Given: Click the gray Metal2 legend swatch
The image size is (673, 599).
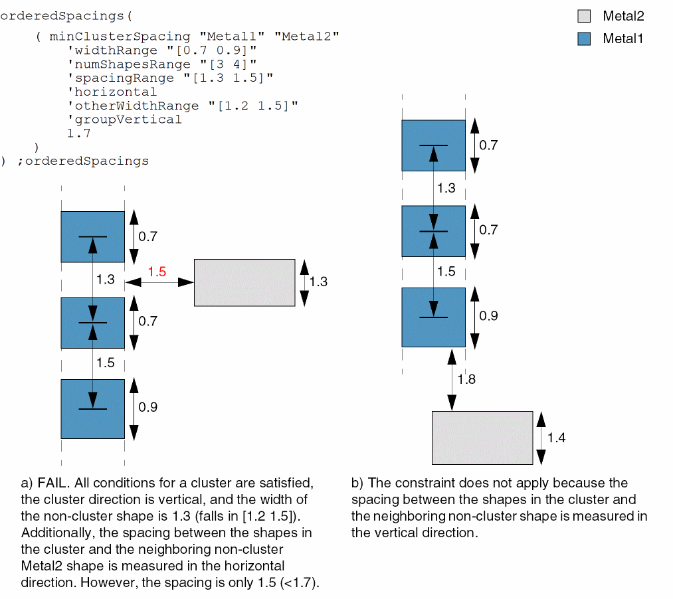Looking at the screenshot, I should tap(584, 16).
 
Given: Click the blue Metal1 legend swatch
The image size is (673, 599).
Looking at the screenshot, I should tap(584, 39).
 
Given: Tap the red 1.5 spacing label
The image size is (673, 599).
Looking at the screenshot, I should tap(157, 272).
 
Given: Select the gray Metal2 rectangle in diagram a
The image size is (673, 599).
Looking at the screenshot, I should tap(244, 282).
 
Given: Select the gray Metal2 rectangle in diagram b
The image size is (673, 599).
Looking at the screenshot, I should tap(482, 438).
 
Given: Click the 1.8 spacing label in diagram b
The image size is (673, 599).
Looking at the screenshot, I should tap(467, 379).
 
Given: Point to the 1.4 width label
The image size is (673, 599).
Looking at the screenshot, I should tap(556, 438).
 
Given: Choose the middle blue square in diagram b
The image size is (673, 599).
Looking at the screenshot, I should tap(433, 231).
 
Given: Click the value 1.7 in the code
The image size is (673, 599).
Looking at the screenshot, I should tap(78, 133).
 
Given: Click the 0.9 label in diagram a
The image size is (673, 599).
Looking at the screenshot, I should tap(148, 407).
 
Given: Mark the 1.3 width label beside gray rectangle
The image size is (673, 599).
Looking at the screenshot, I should tap(318, 282).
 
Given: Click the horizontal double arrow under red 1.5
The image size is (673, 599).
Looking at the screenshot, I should tap(159, 282).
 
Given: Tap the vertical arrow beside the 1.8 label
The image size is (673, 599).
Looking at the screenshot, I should tap(452, 379).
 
